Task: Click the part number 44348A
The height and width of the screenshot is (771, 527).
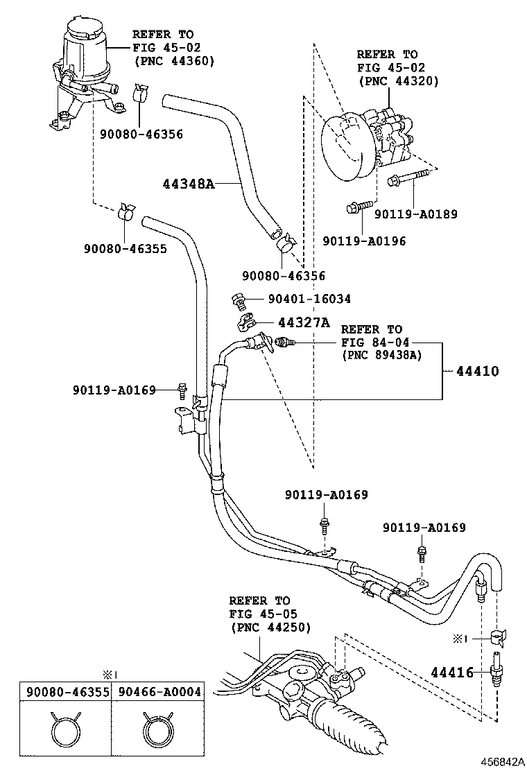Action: pyautogui.click(x=189, y=184)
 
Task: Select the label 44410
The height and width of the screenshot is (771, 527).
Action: pyautogui.click(x=478, y=371)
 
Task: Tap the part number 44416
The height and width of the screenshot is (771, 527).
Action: pyautogui.click(x=452, y=672)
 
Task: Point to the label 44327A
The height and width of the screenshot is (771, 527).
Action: pyautogui.click(x=304, y=322)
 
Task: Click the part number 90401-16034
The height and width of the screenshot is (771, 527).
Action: pyautogui.click(x=309, y=299)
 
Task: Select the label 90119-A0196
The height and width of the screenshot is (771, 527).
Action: pyautogui.click(x=364, y=241)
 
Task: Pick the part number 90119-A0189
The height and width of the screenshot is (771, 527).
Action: pyautogui.click(x=416, y=214)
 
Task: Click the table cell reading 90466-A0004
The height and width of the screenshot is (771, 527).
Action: pyautogui.click(x=160, y=692)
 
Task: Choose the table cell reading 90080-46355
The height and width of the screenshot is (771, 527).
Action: pyautogui.click(x=68, y=692)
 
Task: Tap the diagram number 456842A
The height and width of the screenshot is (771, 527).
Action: pyautogui.click(x=503, y=762)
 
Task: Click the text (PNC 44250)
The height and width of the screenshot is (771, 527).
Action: pyautogui.click(x=270, y=628)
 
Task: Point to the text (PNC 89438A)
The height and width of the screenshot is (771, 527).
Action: pyautogui.click(x=382, y=355)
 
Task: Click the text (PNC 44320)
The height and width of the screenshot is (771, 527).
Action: pyautogui.click(x=398, y=81)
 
